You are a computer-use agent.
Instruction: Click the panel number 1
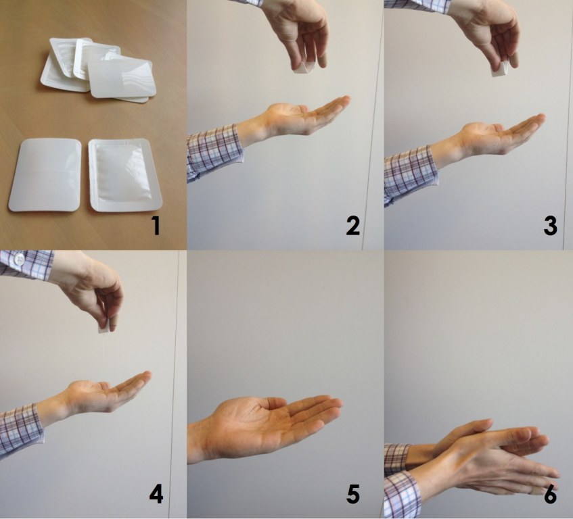coord(156,226)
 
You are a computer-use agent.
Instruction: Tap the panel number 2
coord(353,226)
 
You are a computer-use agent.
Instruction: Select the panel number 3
coord(551,226)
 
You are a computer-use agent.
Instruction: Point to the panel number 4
coord(156,495)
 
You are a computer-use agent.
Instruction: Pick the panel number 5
coord(353,495)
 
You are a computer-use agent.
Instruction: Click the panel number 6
coord(551,495)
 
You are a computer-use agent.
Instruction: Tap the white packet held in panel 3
coord(500,70)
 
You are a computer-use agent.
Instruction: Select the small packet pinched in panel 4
coord(104,328)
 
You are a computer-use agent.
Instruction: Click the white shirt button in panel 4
coord(18,259)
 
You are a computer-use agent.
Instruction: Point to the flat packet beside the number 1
coord(125,175)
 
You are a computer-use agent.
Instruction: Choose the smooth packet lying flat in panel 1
coord(45,174)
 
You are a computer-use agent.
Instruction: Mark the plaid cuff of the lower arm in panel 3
coord(411,174)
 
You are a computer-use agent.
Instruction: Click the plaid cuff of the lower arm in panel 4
coord(22,430)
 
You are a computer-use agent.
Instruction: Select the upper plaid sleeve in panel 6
coord(397,459)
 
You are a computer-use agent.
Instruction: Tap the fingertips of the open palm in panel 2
coord(344,101)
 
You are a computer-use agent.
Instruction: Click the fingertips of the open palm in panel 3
coord(539,119)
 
